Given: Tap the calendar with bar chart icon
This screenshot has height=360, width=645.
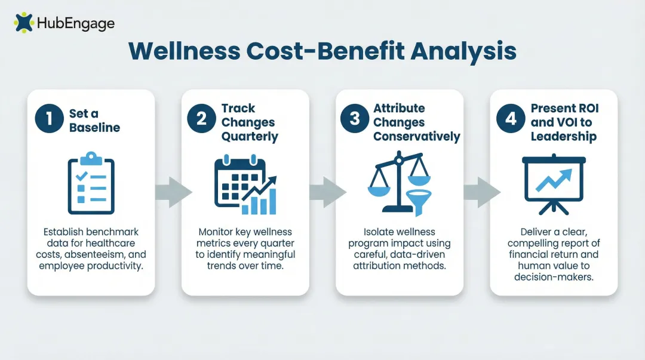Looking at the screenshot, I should [x=245, y=185].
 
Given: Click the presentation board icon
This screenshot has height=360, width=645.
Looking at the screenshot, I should [x=554, y=184].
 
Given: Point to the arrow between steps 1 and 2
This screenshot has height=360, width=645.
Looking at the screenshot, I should [x=173, y=192].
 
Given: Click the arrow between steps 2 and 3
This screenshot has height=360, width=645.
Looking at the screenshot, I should [x=327, y=192].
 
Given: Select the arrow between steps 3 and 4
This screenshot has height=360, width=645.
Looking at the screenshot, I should [x=481, y=192].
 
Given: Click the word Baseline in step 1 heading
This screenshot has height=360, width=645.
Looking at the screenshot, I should [x=94, y=127].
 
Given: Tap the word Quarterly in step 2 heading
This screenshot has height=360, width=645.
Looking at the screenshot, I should [x=250, y=136].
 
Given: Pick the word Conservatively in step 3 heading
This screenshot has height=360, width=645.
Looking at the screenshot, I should [x=417, y=136].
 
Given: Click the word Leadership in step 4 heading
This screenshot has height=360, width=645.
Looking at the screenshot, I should [x=563, y=136].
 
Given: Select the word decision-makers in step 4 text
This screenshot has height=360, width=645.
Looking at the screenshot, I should [x=554, y=276].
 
